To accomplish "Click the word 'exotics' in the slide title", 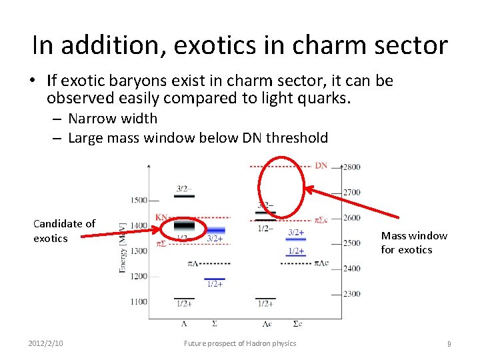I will click(x=216, y=45).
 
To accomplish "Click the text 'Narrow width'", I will click(x=113, y=119).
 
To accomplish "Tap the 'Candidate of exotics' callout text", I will click(x=64, y=231).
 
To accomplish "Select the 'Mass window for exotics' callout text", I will click(x=414, y=243).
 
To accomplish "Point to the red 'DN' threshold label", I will click(x=321, y=165).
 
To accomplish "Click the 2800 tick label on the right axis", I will click(x=352, y=167).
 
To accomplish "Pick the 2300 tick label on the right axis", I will click(x=352, y=293).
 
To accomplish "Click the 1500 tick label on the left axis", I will click(x=139, y=200).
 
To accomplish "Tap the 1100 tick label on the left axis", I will click(x=139, y=301).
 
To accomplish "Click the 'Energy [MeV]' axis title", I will click(x=123, y=247).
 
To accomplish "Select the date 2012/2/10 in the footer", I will click(x=46, y=343).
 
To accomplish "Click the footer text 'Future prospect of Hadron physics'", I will click(x=240, y=343).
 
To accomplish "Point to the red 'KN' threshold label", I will click(x=162, y=217).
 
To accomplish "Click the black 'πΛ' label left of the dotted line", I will click(x=193, y=264).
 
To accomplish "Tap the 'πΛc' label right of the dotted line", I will click(x=322, y=263).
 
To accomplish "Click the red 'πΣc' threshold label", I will click(x=320, y=219).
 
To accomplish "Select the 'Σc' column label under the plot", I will click(x=297, y=323).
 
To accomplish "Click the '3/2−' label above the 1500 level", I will click(x=183, y=189).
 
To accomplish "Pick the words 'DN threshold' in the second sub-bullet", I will click(x=297, y=138).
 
